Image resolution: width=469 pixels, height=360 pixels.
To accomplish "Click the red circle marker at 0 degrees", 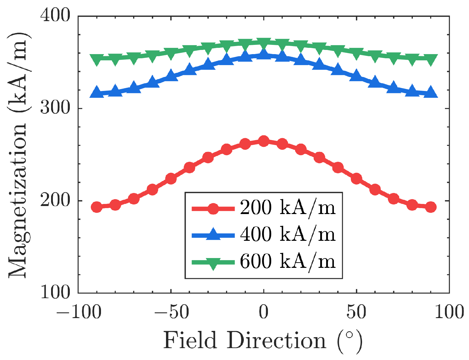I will pos(263,141).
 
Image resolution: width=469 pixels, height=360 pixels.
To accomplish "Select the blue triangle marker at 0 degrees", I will pos(263,54).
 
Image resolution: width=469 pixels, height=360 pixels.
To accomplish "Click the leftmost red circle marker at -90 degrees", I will pos(97,207).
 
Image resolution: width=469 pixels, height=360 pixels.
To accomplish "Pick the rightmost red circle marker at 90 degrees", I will pos(431,207).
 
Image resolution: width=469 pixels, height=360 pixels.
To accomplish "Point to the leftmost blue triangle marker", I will pos(97,92).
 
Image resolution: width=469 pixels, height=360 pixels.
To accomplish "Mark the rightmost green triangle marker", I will pos(431,60).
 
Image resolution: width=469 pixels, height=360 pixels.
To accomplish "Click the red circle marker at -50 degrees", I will pos(171,178).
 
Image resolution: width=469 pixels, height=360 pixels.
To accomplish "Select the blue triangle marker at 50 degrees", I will pos(356,76).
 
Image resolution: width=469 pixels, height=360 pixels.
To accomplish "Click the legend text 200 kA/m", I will pos(288,207).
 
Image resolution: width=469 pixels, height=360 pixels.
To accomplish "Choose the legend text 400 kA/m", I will pos(288,234).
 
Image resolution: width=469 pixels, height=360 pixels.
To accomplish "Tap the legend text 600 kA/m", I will pos(288,261).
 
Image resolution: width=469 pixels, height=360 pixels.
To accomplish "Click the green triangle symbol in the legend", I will pos(213,263).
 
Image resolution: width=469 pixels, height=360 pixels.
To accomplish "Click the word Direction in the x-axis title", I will pos(277,341).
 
